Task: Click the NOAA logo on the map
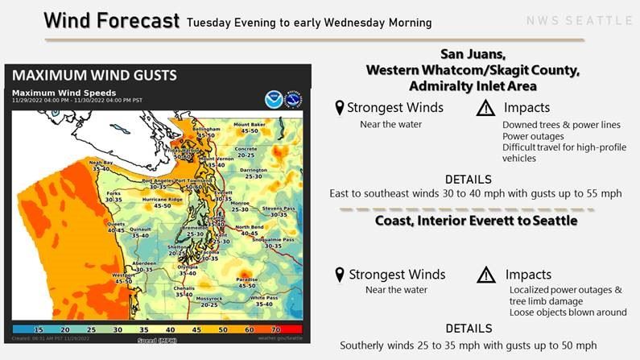pos(273,98)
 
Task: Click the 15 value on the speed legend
pos(39,329)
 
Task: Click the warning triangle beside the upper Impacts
pos(485,108)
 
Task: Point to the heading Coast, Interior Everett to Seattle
pos(476,220)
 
